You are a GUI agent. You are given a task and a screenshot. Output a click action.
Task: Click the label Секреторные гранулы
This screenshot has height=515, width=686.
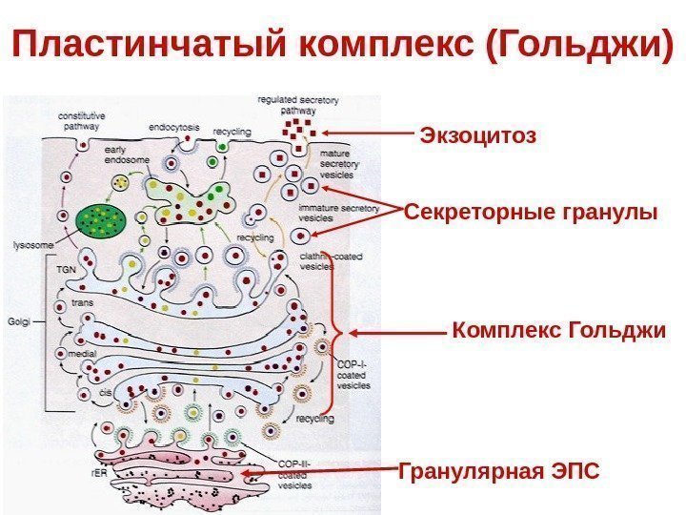point(531,212)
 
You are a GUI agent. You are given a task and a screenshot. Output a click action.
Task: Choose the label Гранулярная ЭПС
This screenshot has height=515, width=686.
point(499,470)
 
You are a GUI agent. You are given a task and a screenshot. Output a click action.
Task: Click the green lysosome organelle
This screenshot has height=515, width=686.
point(99,220)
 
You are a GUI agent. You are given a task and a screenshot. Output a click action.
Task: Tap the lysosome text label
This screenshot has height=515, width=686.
point(31,245)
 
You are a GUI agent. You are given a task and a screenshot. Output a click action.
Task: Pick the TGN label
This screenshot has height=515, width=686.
point(65,270)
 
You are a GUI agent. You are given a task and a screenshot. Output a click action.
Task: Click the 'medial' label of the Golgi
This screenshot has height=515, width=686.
point(81,353)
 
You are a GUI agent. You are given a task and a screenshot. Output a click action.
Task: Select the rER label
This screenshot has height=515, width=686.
point(97,469)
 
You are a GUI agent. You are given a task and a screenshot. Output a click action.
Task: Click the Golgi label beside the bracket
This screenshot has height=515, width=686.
point(21,321)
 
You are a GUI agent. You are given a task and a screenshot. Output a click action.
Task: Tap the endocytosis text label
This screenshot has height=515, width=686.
point(172,126)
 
